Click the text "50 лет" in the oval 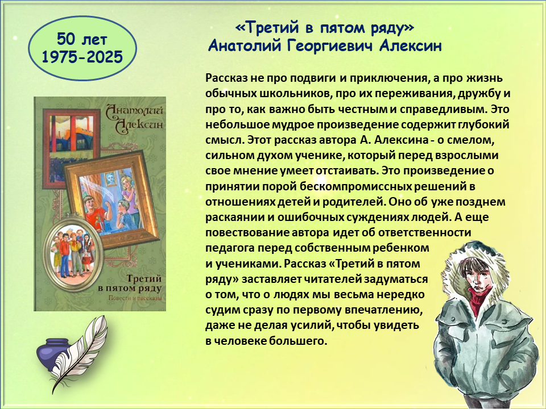(82, 39)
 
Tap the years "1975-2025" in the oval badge (82, 57)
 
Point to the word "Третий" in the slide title (268, 28)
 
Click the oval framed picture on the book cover (73, 252)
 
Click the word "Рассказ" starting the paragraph (226, 78)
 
